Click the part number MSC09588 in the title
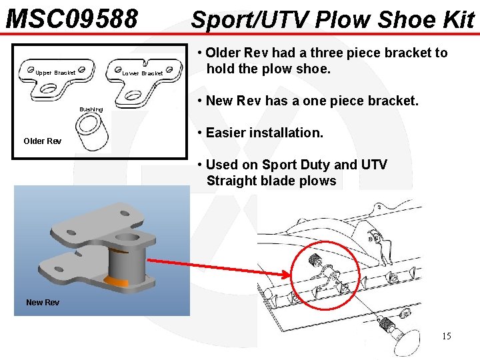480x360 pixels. click(72, 19)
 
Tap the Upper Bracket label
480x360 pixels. click(55, 73)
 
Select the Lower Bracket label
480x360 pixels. click(143, 73)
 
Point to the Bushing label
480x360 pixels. click(91, 109)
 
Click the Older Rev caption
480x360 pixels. click(42, 141)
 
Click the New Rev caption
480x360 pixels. click(43, 303)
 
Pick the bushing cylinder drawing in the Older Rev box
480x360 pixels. click(93, 132)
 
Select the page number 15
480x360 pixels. click(446, 336)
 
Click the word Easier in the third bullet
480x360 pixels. click(228, 133)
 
